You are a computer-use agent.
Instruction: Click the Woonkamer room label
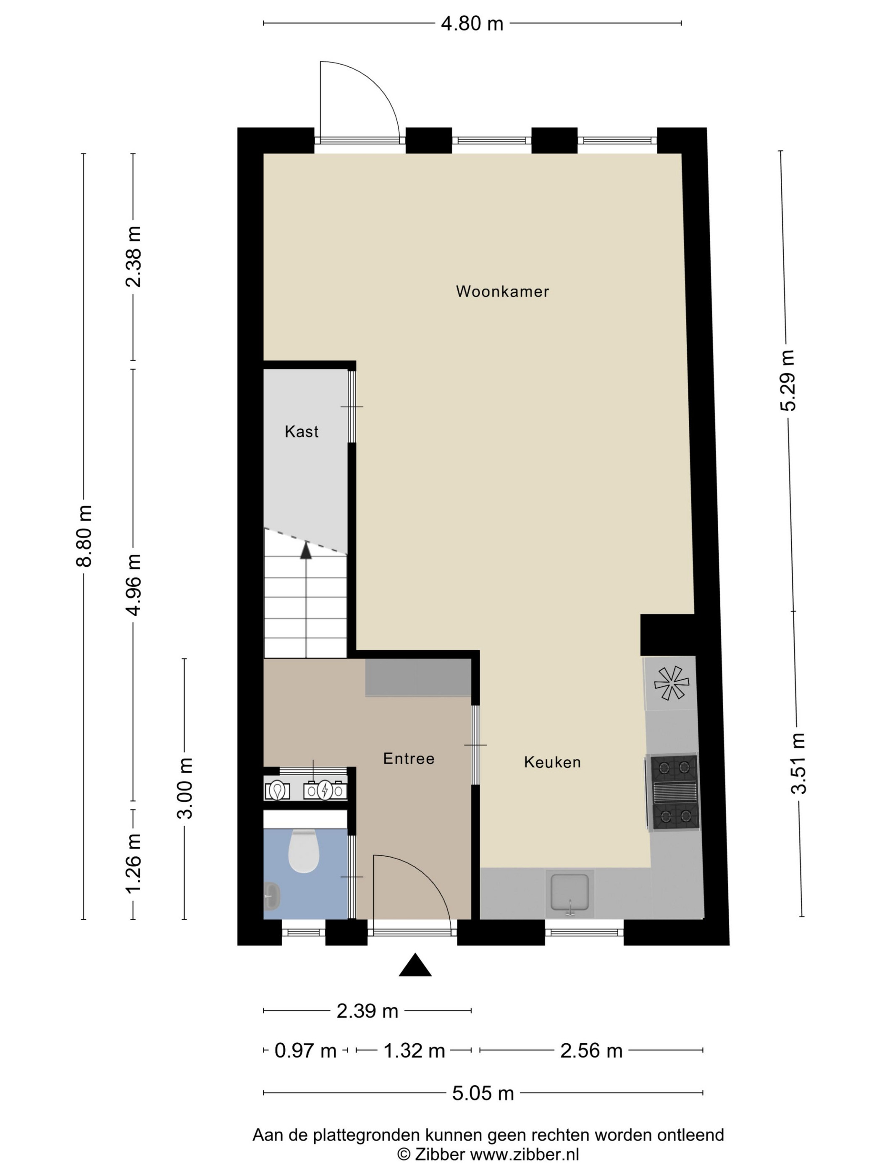[502, 291]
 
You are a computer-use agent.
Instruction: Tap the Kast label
[302, 431]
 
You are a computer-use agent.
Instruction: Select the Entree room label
[408, 758]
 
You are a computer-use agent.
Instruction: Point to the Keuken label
[552, 762]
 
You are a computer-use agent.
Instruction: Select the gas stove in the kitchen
[672, 792]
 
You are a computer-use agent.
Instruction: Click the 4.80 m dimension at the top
[472, 24]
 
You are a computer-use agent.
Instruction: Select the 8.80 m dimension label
[84, 536]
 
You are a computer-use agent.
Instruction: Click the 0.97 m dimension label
[305, 1050]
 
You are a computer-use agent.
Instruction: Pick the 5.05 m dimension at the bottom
[483, 1093]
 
